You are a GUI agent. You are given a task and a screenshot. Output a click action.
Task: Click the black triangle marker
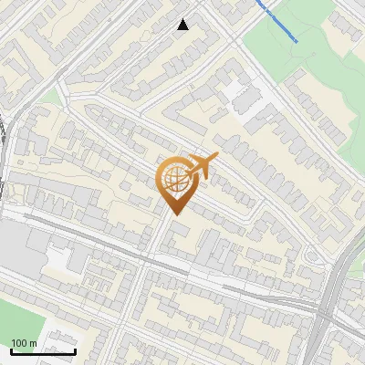[x=183, y=25]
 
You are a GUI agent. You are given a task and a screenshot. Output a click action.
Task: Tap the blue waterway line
[x=278, y=22]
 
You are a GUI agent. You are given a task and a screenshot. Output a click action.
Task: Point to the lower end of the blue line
[x=296, y=40]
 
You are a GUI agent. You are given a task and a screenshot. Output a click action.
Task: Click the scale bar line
[x=43, y=351]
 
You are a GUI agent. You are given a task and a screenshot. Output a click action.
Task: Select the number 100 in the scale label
[x=19, y=343]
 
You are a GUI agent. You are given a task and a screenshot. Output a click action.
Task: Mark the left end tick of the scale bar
[x=11, y=349]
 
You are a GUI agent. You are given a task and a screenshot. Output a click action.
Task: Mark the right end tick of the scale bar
[x=75, y=349]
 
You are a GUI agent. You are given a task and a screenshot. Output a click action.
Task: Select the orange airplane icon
[x=202, y=167]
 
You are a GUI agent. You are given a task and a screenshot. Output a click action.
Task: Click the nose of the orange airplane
[x=216, y=156]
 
